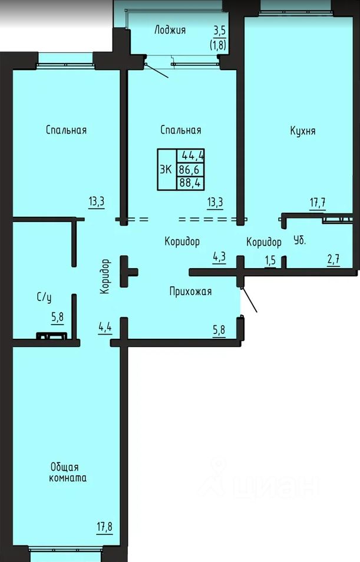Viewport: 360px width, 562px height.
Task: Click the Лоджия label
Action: tap(170, 30)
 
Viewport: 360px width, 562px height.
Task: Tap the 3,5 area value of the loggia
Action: tap(219, 30)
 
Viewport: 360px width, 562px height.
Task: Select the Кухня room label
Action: tap(303, 131)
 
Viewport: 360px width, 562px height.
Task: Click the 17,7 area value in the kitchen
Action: tap(318, 203)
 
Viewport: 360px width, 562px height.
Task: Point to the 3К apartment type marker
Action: tap(166, 169)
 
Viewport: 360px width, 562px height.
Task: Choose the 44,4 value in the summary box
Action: tap(193, 156)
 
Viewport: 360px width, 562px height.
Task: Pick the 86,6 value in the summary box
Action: tap(189, 169)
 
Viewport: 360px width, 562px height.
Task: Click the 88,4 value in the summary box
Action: tap(190, 183)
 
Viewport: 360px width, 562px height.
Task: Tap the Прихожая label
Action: tap(190, 292)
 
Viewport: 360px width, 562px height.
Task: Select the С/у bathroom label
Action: tap(44, 297)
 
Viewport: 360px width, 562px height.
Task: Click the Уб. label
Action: tap(300, 240)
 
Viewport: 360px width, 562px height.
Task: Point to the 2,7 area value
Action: tap(333, 259)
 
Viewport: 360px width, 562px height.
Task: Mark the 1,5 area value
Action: tap(270, 260)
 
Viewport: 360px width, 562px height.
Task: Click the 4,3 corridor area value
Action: tap(219, 257)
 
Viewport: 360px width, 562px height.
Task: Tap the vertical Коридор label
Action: tap(105, 277)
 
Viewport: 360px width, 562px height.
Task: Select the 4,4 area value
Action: tap(105, 328)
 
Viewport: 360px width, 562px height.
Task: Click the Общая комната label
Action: tap(68, 472)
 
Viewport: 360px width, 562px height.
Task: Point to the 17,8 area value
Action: tap(104, 527)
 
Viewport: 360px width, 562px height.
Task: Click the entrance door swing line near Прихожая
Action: tap(249, 300)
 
